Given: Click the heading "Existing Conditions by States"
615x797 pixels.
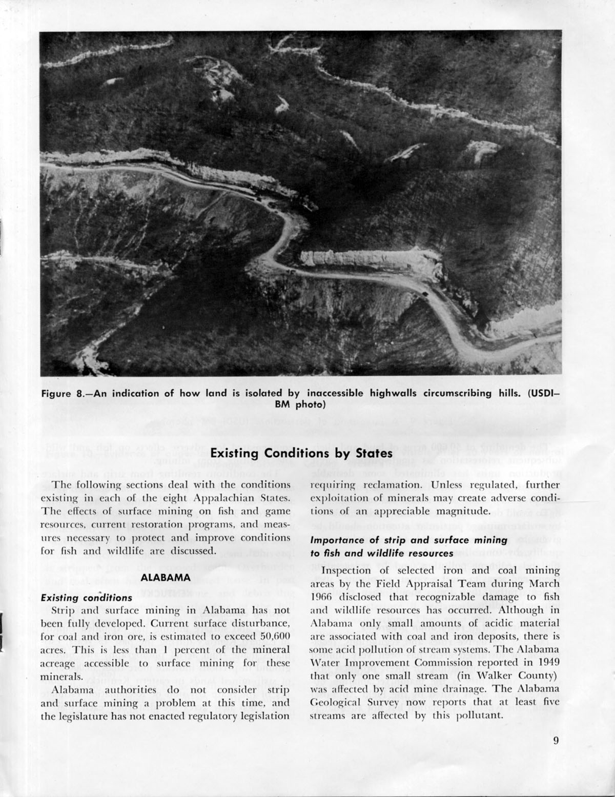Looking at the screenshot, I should (301, 454).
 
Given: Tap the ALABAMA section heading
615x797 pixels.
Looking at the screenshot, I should (165, 577).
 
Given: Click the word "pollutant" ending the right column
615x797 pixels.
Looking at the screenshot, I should (477, 716).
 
